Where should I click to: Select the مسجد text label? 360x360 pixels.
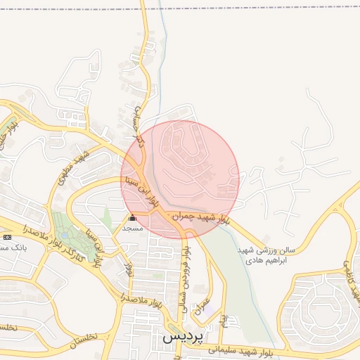click(x=132, y=229)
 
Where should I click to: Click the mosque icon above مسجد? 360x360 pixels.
click(x=132, y=218)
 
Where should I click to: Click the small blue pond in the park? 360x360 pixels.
click(x=65, y=232)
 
